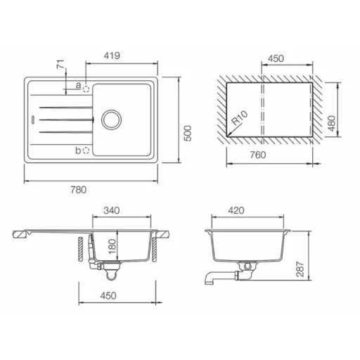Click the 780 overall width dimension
79,190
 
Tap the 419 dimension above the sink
112,56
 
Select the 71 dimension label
60,64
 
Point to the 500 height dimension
188,134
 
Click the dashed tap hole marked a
86,89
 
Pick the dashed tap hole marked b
86,150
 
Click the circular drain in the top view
111,120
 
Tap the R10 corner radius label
239,117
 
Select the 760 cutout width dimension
258,155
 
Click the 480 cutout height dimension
332,124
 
